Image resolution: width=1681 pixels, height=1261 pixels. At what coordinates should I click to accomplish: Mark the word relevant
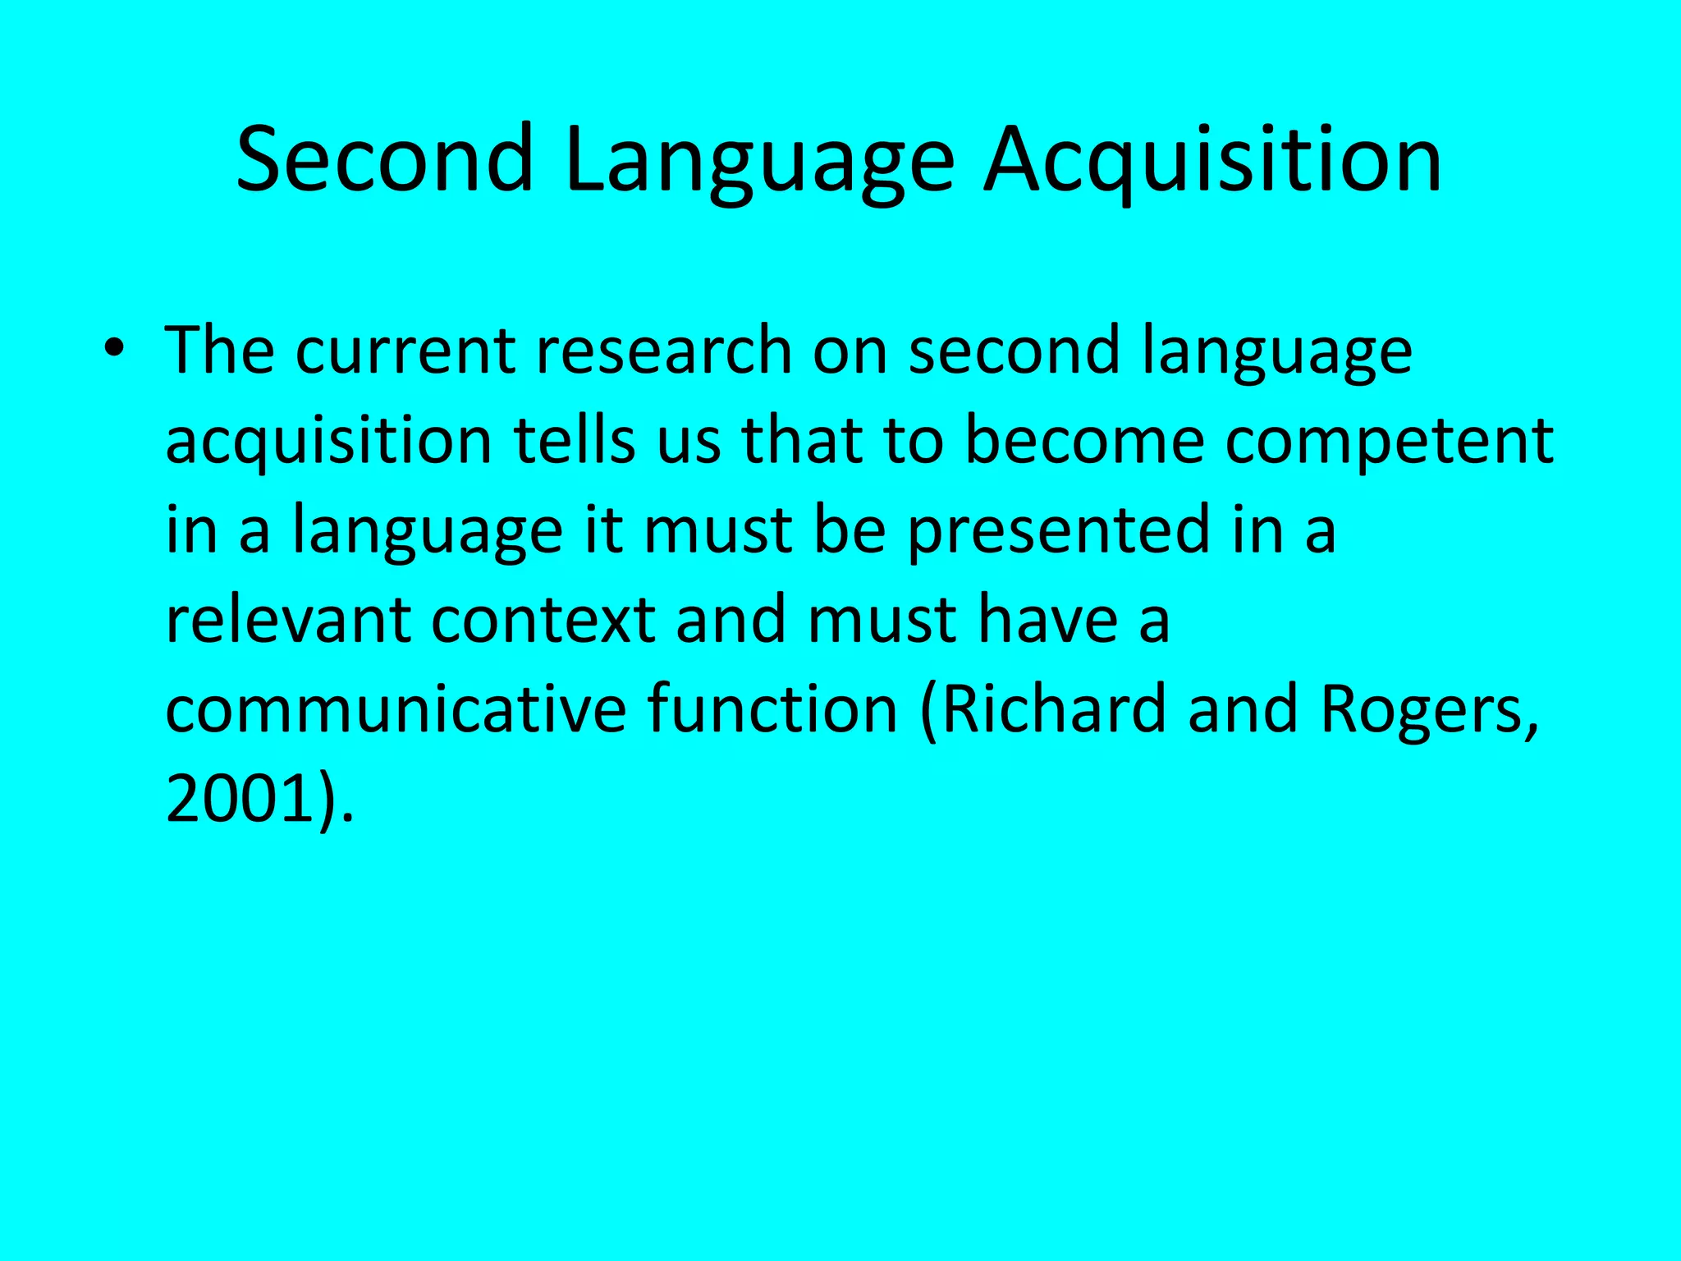coord(287,620)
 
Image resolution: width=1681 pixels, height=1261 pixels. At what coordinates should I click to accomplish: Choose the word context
coord(543,620)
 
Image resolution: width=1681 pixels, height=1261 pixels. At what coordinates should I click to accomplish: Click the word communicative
coord(396,709)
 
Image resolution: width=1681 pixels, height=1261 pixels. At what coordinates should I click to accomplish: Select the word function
coord(772,709)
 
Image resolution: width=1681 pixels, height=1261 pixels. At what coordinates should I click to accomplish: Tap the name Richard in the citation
coord(1053,709)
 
